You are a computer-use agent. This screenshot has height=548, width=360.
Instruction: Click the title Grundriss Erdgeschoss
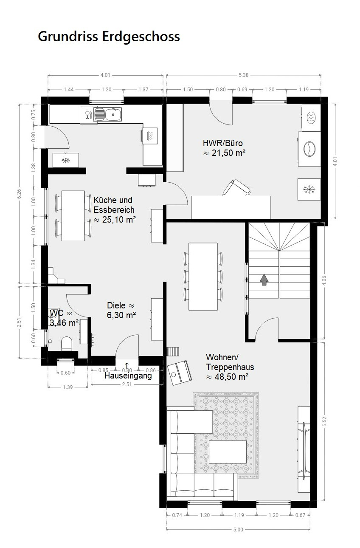tap(109, 37)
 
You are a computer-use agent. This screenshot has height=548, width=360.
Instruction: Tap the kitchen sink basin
tap(113, 114)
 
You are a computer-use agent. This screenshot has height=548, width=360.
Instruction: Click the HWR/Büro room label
tap(223, 143)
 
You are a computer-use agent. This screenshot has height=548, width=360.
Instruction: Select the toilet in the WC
tap(67, 344)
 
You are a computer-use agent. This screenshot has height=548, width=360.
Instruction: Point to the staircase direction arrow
tap(264, 280)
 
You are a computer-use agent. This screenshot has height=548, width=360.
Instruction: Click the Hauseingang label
tap(128, 376)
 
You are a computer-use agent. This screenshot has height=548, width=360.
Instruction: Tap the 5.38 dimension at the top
tap(244, 75)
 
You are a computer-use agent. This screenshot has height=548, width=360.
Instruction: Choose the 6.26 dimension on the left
tap(20, 194)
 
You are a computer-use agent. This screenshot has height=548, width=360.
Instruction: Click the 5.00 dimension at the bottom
tap(238, 530)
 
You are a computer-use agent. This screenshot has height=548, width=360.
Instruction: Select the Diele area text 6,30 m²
tap(121, 315)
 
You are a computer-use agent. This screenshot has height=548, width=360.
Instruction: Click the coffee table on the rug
tap(228, 452)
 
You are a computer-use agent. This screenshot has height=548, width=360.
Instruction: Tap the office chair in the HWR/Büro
tap(236, 188)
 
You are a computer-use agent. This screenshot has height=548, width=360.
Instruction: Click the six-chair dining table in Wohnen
tap(203, 277)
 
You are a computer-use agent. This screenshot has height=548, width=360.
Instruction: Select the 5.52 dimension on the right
tap(324, 421)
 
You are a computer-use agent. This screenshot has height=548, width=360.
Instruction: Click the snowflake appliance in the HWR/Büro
tap(309, 189)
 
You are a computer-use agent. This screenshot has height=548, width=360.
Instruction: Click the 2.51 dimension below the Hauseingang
tap(127, 384)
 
